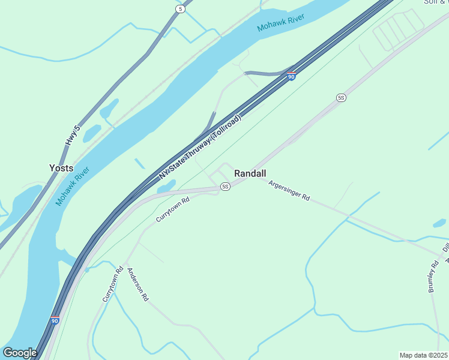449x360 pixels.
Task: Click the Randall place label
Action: pos(250,173)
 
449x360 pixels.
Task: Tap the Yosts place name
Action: pos(62,168)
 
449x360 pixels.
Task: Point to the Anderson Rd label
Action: pos(138,284)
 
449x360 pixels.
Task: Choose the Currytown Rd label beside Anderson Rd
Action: pos(112,284)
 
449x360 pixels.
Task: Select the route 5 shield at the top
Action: pos(180,9)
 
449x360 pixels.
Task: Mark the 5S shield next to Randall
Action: pos(225,187)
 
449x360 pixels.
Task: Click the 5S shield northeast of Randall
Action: pos(342,97)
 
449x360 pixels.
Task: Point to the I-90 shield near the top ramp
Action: pos(291,76)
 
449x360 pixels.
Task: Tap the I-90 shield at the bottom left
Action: pos(55,320)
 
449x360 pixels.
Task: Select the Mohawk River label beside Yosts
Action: pos(73,187)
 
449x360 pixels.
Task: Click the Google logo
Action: pos(20,353)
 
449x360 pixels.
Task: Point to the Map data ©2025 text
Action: pos(423,355)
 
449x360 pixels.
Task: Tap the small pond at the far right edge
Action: pos(439,223)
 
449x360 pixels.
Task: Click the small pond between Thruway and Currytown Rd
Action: pos(166,187)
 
